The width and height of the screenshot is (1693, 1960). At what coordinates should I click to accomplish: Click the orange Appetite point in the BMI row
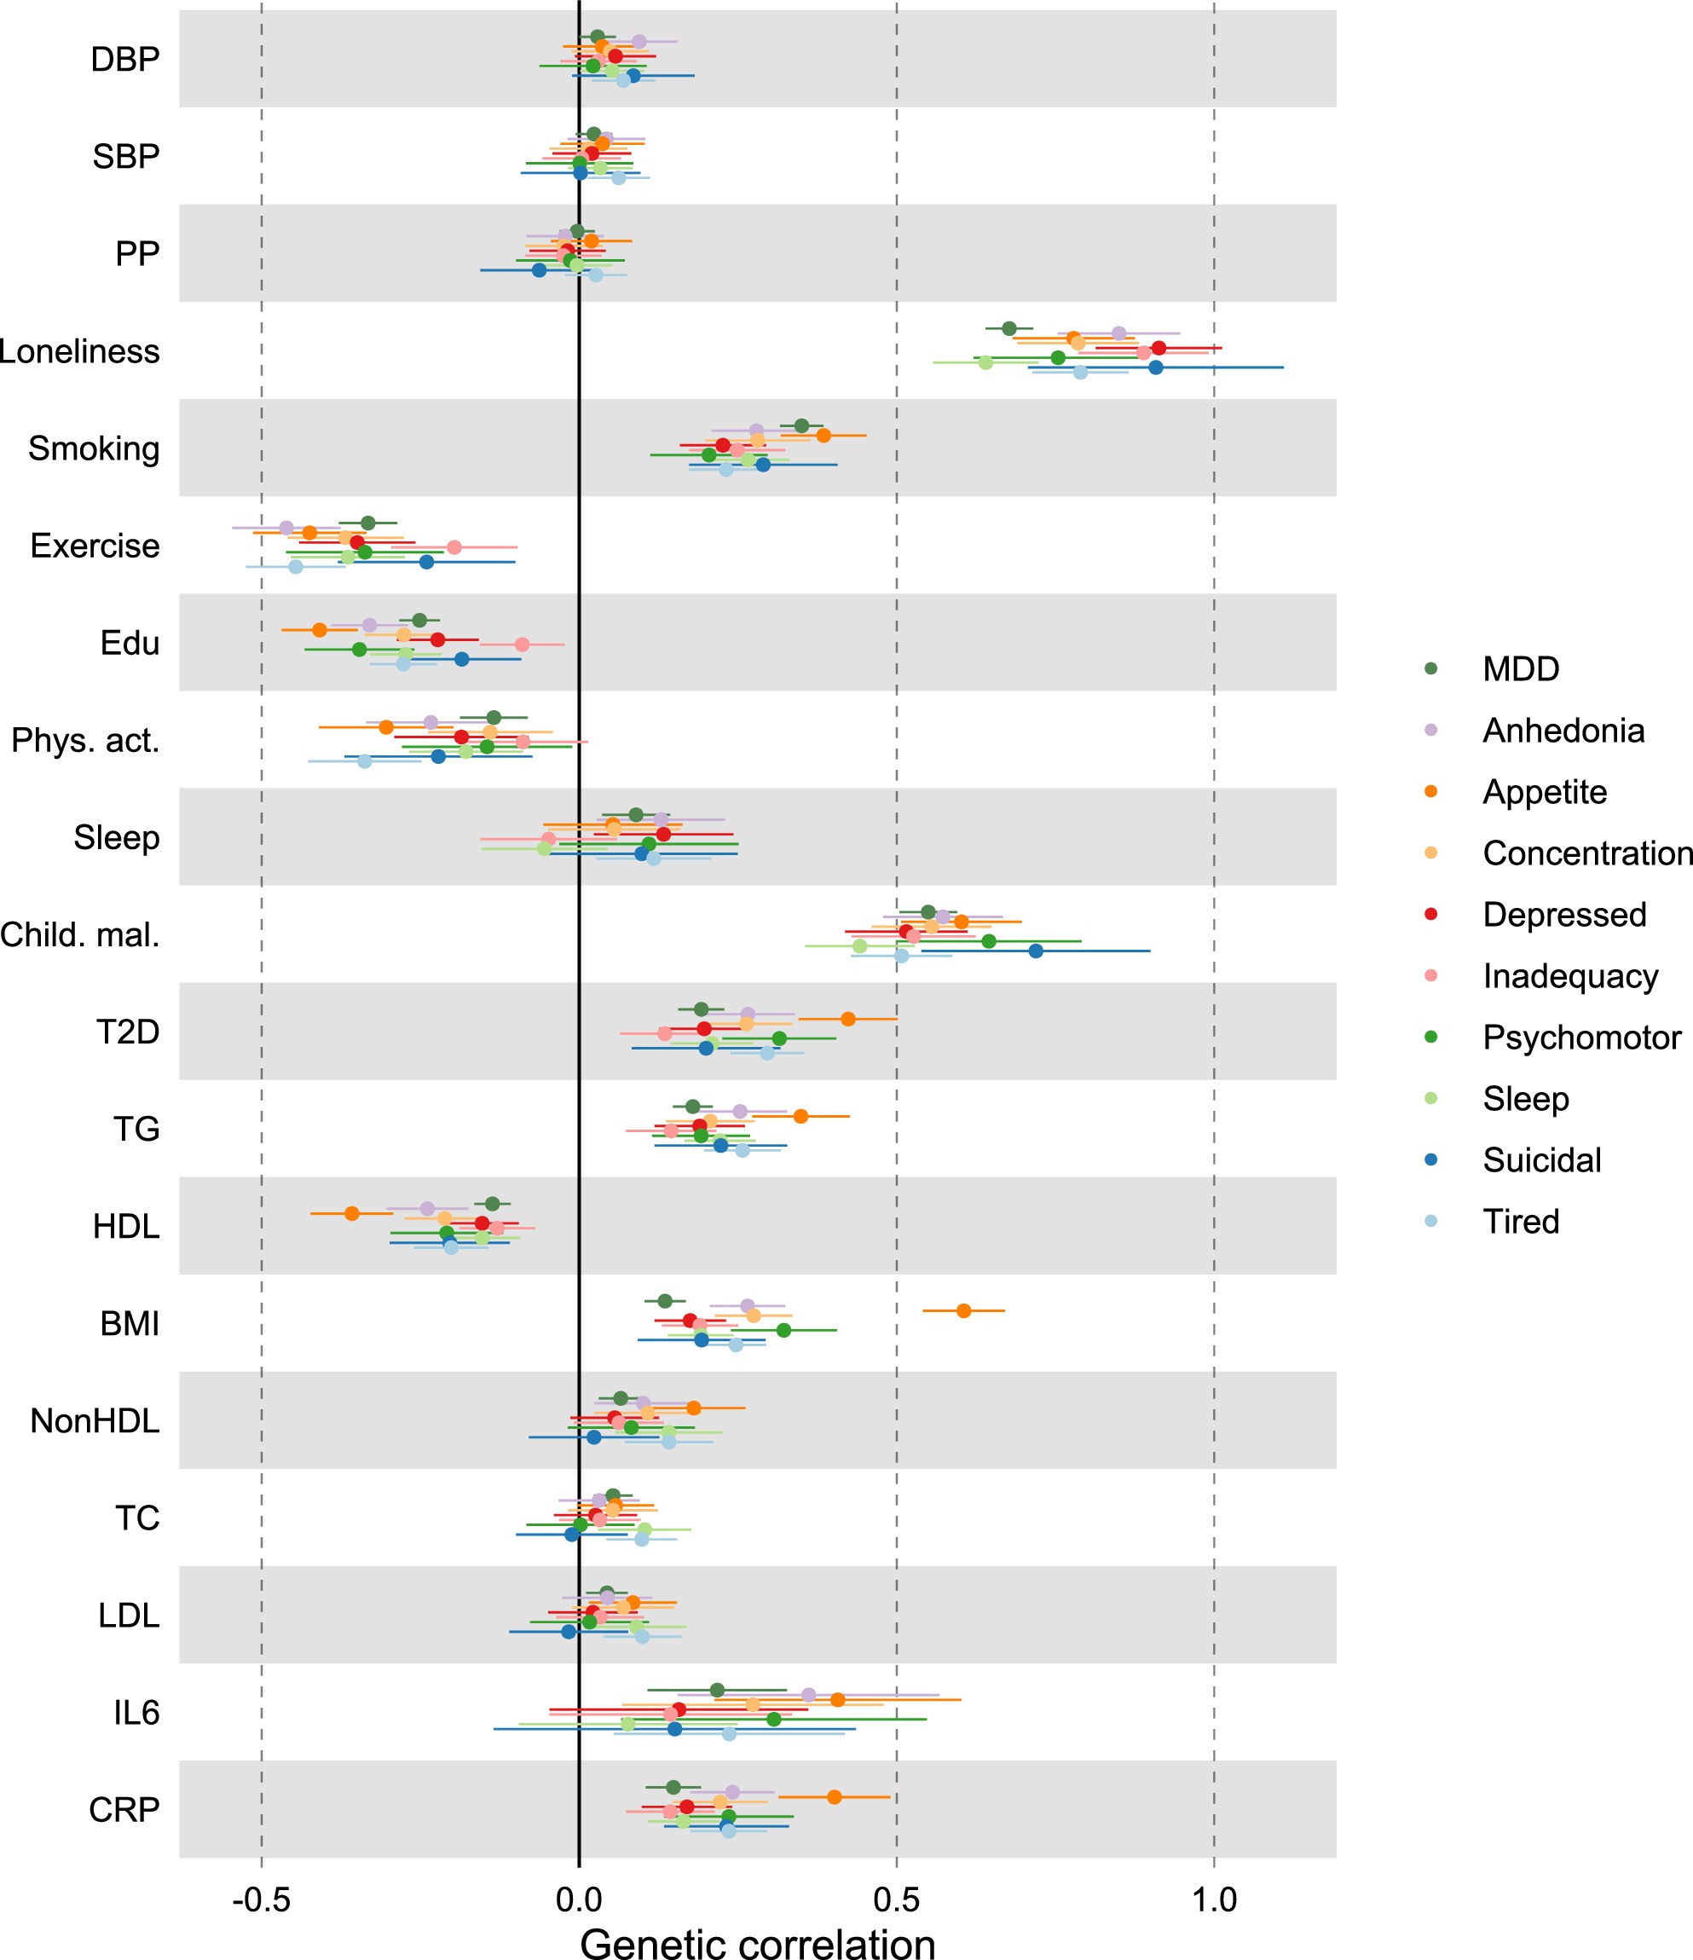[962, 1310]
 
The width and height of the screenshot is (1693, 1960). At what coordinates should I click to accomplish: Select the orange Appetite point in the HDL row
[352, 1212]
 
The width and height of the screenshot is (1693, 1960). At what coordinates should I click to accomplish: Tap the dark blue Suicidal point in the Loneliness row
[1155, 367]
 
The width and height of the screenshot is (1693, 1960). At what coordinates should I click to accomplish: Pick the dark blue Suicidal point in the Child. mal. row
[1036, 951]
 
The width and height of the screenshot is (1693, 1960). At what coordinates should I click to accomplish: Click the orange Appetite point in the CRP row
[833, 1796]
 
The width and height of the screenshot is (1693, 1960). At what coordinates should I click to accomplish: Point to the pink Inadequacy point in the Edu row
[522, 645]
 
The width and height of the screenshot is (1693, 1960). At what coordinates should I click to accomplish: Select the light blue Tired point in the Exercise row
[295, 567]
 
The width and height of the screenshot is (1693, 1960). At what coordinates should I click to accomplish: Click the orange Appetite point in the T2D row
[847, 1019]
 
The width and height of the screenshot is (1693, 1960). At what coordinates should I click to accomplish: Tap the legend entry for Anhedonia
[1563, 731]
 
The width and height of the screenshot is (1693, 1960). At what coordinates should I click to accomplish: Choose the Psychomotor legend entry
[1580, 1037]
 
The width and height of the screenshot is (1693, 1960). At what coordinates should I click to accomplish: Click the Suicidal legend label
[1541, 1159]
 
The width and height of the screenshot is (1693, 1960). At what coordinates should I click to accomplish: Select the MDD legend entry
[1520, 668]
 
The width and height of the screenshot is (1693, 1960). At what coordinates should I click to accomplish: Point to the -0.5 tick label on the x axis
[261, 1899]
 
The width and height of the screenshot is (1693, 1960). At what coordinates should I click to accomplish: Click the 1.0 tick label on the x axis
[1213, 1899]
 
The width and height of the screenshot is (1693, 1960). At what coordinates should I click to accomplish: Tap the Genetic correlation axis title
[758, 1942]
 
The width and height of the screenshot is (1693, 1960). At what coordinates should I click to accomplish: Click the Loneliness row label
[79, 351]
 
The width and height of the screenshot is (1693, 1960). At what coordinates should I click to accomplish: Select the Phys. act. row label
[85, 741]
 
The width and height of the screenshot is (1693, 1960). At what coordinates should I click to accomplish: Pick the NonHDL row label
[95, 1421]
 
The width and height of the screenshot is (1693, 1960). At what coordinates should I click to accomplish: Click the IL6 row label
[136, 1712]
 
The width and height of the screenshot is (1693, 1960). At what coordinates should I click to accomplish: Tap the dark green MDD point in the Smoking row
[801, 425]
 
